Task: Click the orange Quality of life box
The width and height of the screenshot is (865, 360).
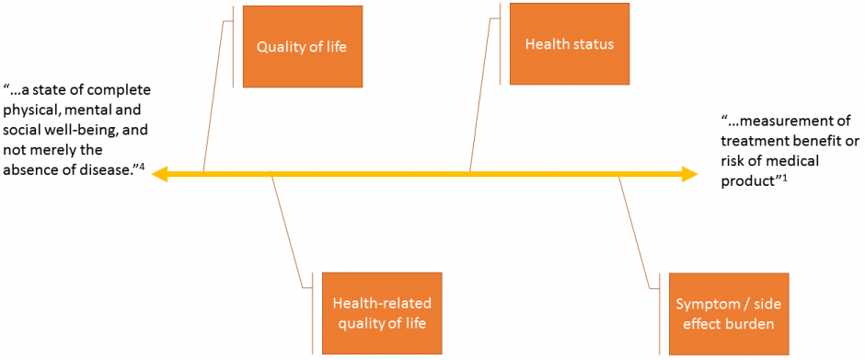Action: [x=302, y=46]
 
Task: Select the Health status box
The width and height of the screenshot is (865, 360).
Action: [x=569, y=43]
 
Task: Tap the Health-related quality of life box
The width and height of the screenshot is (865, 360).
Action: [x=381, y=313]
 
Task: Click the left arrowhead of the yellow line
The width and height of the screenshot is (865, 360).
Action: [x=159, y=173]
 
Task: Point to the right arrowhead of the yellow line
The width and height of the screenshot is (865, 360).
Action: [x=690, y=173]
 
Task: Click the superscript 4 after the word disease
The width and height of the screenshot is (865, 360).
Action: [x=144, y=165]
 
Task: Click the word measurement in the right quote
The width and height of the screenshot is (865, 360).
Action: [x=788, y=122]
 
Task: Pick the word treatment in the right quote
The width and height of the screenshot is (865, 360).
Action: [x=752, y=141]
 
